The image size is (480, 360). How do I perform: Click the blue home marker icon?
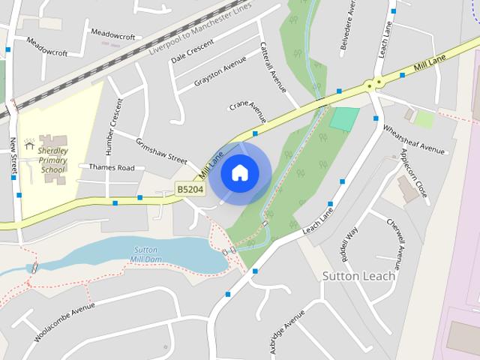[x=239, y=173]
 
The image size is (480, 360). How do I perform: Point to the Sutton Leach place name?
[x=358, y=275]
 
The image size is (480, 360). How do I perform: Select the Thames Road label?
[x=112, y=167]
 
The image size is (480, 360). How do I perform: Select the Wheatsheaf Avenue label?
[x=414, y=138]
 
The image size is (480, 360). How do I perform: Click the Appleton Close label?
[x=414, y=173]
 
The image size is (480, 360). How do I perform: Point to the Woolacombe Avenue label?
[x=64, y=322]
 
